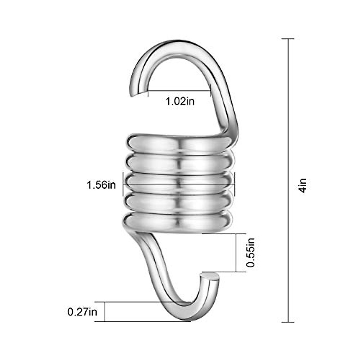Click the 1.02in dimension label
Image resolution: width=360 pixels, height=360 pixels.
point(180,101)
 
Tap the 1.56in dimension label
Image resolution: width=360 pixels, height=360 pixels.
point(101,185)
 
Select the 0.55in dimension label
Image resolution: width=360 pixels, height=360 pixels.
point(250,252)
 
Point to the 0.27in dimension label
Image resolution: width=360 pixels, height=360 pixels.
point(82,312)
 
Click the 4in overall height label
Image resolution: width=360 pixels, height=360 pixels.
point(303,185)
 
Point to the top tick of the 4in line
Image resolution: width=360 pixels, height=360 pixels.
point(288,39)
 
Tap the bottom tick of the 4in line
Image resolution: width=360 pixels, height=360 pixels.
point(288,322)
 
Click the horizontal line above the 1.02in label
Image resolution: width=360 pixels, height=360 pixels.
point(179,91)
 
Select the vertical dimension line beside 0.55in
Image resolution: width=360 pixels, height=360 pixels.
point(236,253)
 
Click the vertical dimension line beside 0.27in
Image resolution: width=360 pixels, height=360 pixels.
point(105,312)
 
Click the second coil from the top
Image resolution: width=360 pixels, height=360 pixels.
point(179,163)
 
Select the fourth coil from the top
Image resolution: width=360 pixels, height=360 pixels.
point(179,202)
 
